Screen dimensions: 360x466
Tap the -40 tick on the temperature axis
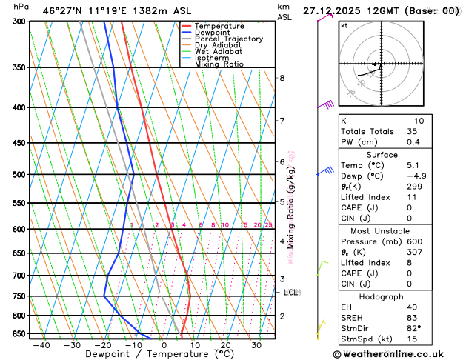[41, 345]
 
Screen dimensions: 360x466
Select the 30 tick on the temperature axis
[256, 345]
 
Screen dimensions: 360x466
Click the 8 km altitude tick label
[282, 78]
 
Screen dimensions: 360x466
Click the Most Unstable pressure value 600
[415, 241]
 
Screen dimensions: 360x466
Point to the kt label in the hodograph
[344, 25]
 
